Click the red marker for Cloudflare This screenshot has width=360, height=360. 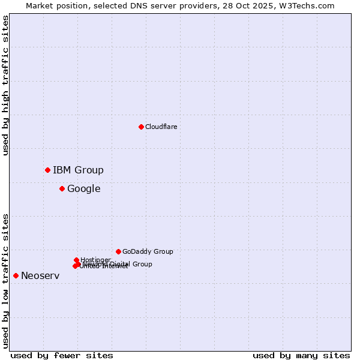(141, 127)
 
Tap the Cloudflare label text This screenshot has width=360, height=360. (161, 127)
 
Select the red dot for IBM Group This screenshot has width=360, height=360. (47, 170)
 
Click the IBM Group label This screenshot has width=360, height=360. (78, 170)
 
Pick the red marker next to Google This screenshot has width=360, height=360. (62, 188)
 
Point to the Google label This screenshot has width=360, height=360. (83, 188)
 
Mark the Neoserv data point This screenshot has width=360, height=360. (16, 275)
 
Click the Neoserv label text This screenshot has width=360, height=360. (40, 275)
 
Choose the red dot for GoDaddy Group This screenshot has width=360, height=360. (118, 251)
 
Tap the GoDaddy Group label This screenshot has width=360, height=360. (147, 251)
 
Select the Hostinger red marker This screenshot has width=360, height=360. (76, 260)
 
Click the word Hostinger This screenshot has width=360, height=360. (95, 259)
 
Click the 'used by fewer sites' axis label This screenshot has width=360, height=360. (62, 355)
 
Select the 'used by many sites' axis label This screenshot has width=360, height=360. (301, 355)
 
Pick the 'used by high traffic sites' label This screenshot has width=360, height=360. (5, 85)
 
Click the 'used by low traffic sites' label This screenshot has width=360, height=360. (5, 281)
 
